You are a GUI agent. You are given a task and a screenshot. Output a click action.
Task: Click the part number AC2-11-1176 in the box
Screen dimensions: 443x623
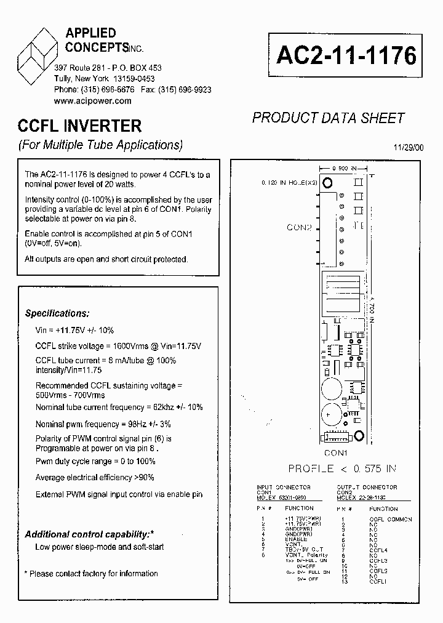(x=346, y=55)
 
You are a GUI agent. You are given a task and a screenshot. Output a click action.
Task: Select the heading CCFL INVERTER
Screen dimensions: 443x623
(x=80, y=126)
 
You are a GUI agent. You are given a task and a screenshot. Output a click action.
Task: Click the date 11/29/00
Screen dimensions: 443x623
(x=408, y=147)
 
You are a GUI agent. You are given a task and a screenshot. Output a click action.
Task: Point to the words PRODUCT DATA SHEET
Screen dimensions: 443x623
(x=329, y=118)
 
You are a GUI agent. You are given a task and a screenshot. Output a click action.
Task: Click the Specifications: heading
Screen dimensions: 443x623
(x=57, y=313)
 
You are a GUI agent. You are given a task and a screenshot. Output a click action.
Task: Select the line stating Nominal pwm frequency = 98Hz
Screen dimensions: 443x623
(x=103, y=424)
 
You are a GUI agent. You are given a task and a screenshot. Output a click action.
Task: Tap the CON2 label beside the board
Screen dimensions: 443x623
(x=300, y=228)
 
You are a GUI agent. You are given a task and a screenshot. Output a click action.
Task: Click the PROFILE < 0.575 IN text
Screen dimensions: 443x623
(x=343, y=469)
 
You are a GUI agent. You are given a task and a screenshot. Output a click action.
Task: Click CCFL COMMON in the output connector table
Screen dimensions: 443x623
(x=391, y=519)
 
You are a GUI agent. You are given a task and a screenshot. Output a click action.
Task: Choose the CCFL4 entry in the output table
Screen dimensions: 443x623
(x=378, y=550)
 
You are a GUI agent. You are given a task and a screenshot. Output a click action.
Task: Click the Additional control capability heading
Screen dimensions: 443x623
(x=98, y=534)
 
